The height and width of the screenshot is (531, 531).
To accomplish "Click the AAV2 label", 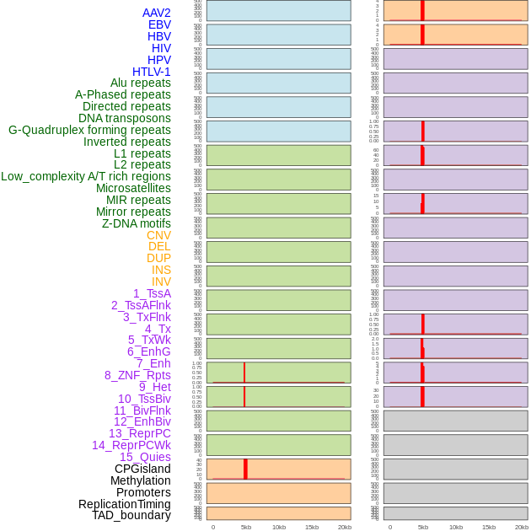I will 156,13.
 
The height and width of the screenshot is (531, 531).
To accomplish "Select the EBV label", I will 159,24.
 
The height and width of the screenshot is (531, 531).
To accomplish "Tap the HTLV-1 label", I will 152,72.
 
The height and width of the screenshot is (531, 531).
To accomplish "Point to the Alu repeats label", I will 140,83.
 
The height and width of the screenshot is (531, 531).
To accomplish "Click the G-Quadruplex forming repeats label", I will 89,130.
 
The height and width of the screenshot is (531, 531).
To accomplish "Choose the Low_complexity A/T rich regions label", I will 86,176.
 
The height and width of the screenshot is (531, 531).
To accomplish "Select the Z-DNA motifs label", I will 137,223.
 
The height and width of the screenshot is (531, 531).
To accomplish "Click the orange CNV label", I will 158,235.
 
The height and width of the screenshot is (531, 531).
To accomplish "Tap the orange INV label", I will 161,282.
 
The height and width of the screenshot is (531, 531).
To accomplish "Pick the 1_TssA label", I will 152,293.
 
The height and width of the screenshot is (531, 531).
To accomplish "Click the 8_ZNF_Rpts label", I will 137,375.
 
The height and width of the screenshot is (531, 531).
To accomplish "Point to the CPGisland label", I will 142,469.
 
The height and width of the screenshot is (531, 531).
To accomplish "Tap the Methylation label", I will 140,480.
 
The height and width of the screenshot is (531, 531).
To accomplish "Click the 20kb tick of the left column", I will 345,527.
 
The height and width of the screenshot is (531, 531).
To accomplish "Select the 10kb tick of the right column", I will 456,527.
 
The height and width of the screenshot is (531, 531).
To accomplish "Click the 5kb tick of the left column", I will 246,527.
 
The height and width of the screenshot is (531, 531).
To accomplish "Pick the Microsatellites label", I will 133,188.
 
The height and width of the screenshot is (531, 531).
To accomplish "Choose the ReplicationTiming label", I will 125,504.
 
